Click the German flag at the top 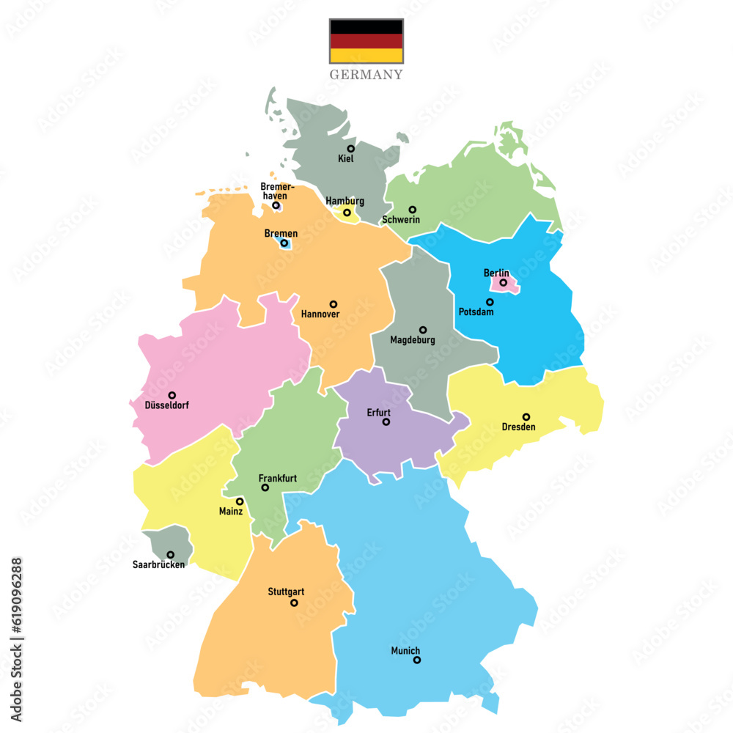[366, 41]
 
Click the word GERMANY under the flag [366, 75]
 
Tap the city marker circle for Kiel [351, 149]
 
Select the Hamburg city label [345, 202]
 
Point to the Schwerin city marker [413, 210]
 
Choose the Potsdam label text [476, 312]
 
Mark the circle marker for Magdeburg [423, 330]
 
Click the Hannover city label [320, 314]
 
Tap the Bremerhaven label [273, 191]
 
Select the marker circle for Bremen [284, 243]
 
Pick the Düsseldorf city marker [172, 395]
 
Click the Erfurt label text [379, 412]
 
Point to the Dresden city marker [526, 417]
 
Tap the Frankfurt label [278, 478]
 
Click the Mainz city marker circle [240, 501]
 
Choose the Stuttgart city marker [294, 603]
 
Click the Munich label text [405, 650]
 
